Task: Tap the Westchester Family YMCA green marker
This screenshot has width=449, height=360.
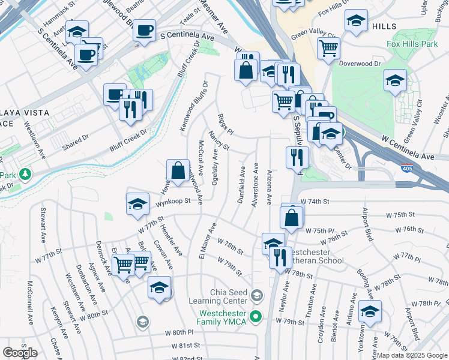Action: click(257, 316)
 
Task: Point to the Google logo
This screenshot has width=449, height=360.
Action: click(20, 352)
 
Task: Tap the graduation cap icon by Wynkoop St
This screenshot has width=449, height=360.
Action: click(137, 204)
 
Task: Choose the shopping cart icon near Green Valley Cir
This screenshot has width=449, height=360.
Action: click(328, 48)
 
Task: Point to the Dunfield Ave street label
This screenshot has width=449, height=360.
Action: click(242, 185)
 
